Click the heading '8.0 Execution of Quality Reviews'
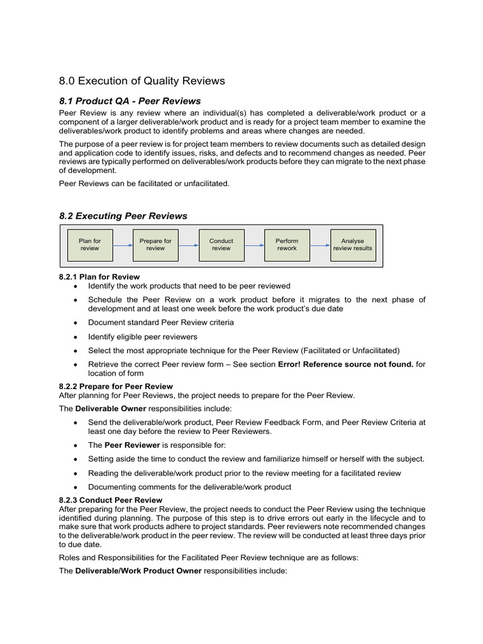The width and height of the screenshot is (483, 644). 142,80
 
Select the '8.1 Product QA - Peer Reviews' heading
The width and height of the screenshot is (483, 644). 130,101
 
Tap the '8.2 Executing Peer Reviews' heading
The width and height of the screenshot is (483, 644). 123,216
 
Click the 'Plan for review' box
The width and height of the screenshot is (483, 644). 89,245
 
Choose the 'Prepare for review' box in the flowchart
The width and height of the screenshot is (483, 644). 155,245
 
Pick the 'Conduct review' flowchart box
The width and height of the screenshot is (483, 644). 221,245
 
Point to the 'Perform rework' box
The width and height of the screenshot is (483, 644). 287,245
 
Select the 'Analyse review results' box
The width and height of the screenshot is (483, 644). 352,245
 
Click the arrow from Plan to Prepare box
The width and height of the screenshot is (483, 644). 122,245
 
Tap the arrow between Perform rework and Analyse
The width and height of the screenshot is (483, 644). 319,245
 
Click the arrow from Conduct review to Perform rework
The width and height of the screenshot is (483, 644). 253,245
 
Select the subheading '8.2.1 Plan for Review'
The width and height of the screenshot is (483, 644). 99,277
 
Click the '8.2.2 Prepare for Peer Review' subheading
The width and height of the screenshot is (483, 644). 116,386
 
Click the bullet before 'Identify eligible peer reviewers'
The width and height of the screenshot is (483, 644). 76,337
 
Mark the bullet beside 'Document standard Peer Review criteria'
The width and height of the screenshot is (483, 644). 76,323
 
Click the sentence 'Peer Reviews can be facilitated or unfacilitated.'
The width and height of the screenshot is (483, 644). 144,184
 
